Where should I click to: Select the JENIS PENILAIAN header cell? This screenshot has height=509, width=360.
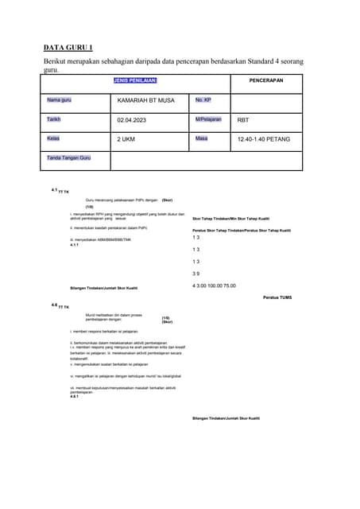[135, 80]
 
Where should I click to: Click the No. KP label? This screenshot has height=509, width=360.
[203, 100]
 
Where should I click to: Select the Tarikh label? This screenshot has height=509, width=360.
[54, 119]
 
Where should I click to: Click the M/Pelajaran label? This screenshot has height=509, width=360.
[210, 119]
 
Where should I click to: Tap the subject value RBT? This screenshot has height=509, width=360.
[242, 120]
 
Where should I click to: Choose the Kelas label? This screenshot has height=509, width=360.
[53, 138]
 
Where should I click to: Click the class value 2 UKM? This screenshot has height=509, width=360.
[126, 139]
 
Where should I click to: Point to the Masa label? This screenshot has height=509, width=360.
[202, 138]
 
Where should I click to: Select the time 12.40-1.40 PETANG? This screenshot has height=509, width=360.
[263, 139]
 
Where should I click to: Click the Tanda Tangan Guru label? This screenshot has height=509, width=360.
[68, 158]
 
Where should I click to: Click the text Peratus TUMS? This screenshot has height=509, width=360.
[277, 297]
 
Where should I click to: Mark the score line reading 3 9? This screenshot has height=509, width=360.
[196, 273]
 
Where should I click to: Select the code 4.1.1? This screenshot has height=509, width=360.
[75, 245]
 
